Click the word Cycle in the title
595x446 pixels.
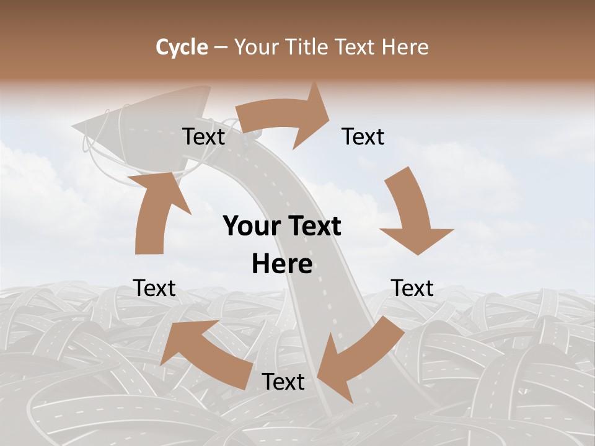point(182,47)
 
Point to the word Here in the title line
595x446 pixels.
point(405,47)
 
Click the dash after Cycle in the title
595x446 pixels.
point(221,47)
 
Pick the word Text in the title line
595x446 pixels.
point(356,47)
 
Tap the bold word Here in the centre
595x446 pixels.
point(282,265)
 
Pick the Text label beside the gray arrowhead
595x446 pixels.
point(203,137)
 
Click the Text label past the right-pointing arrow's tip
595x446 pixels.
point(363,137)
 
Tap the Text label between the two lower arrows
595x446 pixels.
point(283,382)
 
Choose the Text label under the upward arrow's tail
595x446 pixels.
point(154,288)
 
